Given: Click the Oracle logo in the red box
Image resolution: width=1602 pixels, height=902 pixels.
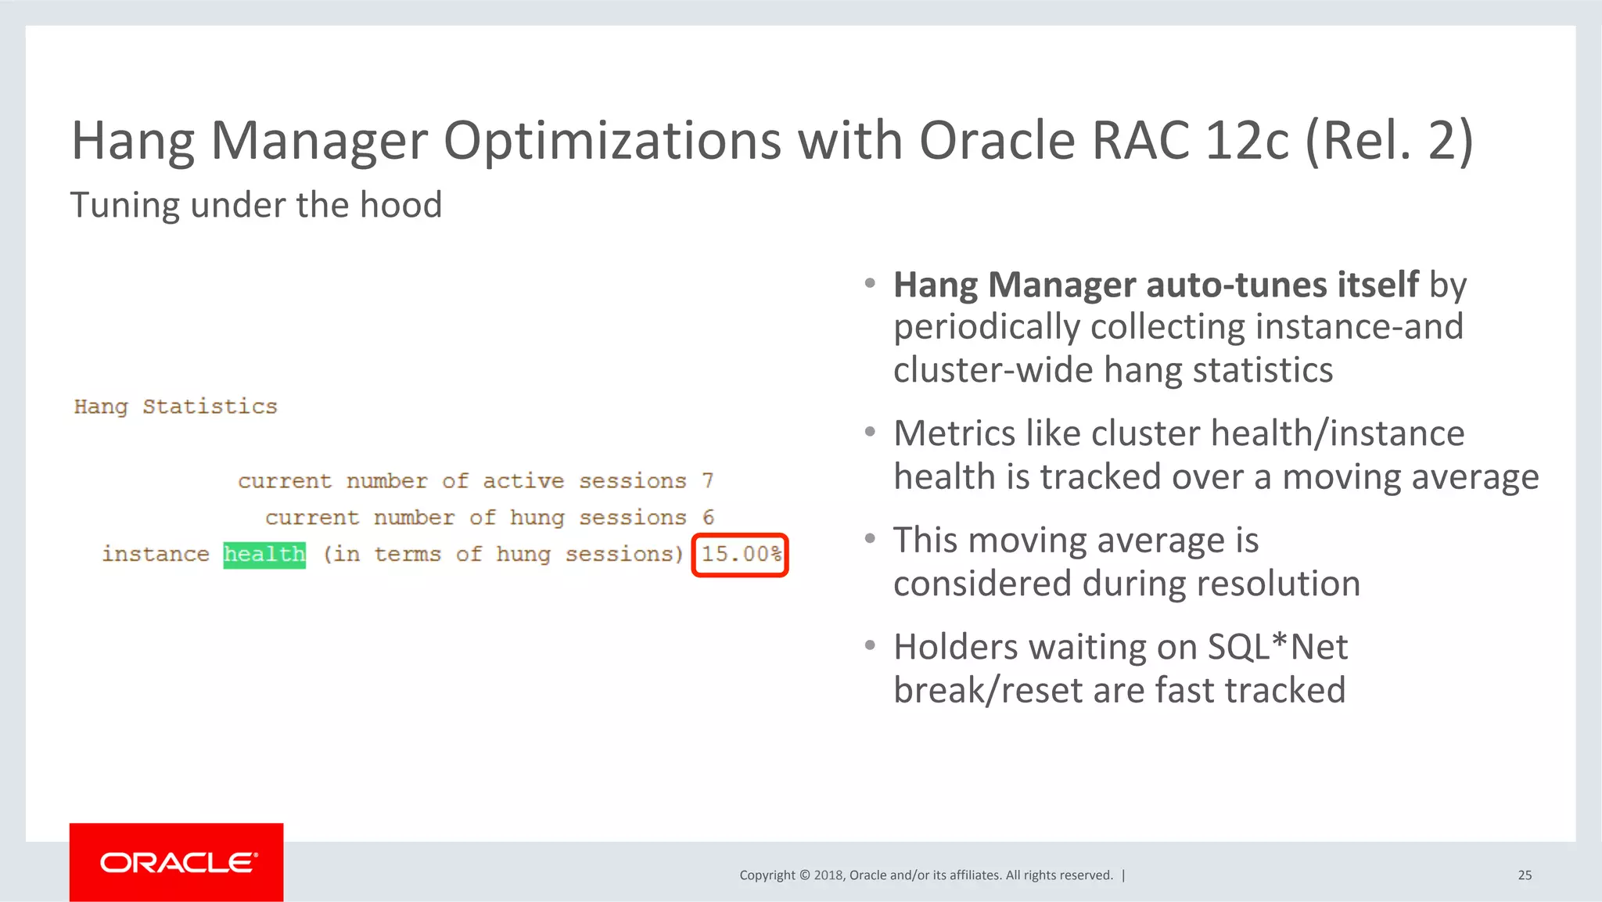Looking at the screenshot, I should tap(178, 862).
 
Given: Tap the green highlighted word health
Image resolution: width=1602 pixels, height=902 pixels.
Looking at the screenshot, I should tap(264, 555).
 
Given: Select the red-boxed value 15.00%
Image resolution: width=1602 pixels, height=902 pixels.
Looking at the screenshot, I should tap(740, 555).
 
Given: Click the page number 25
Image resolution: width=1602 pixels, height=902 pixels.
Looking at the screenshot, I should tap(1525, 875).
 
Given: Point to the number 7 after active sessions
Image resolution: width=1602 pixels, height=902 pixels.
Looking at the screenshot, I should tap(708, 480).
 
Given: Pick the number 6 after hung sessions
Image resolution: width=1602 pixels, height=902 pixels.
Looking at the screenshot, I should tap(708, 517).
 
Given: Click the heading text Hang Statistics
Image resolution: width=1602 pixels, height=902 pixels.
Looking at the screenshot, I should tap(175, 407).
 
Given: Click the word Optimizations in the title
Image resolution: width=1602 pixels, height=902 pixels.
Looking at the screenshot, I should tap(612, 141).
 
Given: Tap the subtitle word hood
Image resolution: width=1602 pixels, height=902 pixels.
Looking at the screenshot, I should tap(400, 205).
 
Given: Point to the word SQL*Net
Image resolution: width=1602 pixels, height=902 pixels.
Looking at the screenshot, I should tap(1277, 647).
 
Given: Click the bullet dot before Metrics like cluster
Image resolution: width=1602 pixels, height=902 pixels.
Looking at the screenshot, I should tap(870, 433).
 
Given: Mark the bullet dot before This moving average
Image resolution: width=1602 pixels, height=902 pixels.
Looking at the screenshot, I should tap(870, 539).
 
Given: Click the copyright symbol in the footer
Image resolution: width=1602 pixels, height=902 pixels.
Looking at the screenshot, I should tap(804, 875).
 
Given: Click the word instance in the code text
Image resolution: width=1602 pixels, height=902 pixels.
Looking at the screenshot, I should tap(156, 555).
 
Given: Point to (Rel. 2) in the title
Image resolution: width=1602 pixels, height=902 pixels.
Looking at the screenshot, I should tap(1389, 141).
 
